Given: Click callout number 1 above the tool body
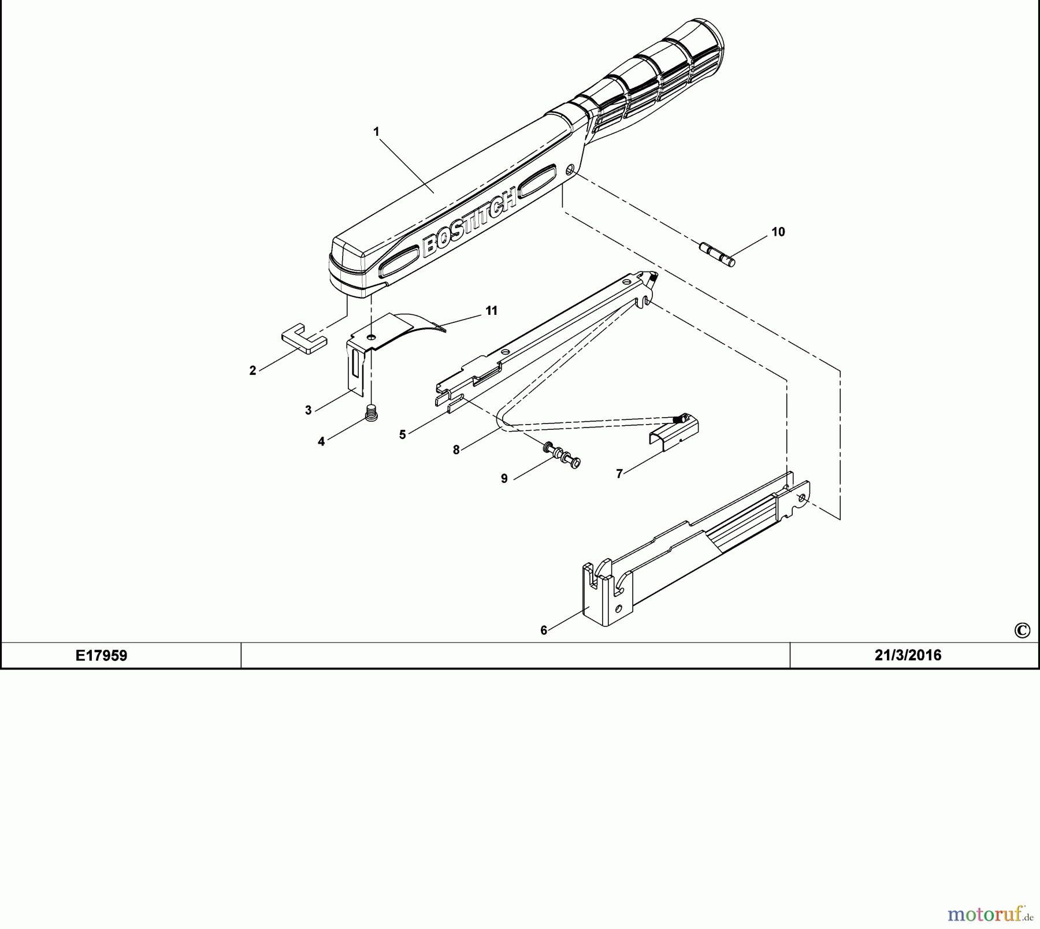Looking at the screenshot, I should pos(376,132).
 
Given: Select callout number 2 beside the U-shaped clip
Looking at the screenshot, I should pos(252,371).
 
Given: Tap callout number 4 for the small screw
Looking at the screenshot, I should pos(321,441).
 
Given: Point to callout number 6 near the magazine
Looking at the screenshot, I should pos(543,630).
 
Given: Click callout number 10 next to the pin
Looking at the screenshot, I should pos(778,232).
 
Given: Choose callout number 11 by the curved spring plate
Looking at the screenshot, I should pos(491,311).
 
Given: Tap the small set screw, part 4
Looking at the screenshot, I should pos(372,413).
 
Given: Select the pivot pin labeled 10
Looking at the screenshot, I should pos(717,255).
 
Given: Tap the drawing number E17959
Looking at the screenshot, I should pos(102,655).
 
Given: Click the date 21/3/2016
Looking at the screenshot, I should pos(908,655).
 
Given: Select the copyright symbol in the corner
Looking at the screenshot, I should pos(1022,630).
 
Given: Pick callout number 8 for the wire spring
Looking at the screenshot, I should pos(456,450).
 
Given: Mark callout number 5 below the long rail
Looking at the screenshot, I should pos(402,434).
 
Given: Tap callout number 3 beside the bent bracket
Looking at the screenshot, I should pos(308,410).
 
